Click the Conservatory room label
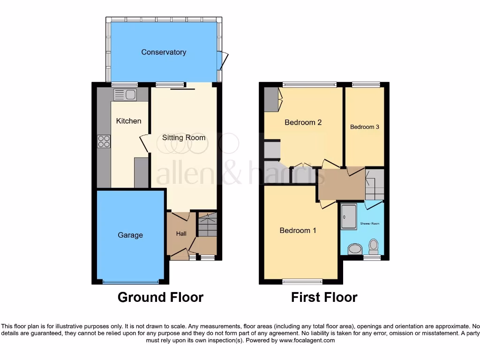(164, 52)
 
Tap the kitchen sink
(125, 95)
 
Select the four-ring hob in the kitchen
(104, 141)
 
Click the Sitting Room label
(184, 137)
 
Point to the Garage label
(130, 235)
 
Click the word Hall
(181, 233)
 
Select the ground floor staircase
(207, 225)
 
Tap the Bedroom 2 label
(303, 122)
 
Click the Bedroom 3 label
(364, 127)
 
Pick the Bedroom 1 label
(298, 230)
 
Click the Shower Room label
(370, 224)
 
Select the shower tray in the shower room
(349, 216)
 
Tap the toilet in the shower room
(374, 246)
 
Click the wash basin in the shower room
(354, 248)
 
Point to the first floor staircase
(375, 184)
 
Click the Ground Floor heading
(160, 297)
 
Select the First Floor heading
(324, 297)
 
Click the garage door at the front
(130, 282)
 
